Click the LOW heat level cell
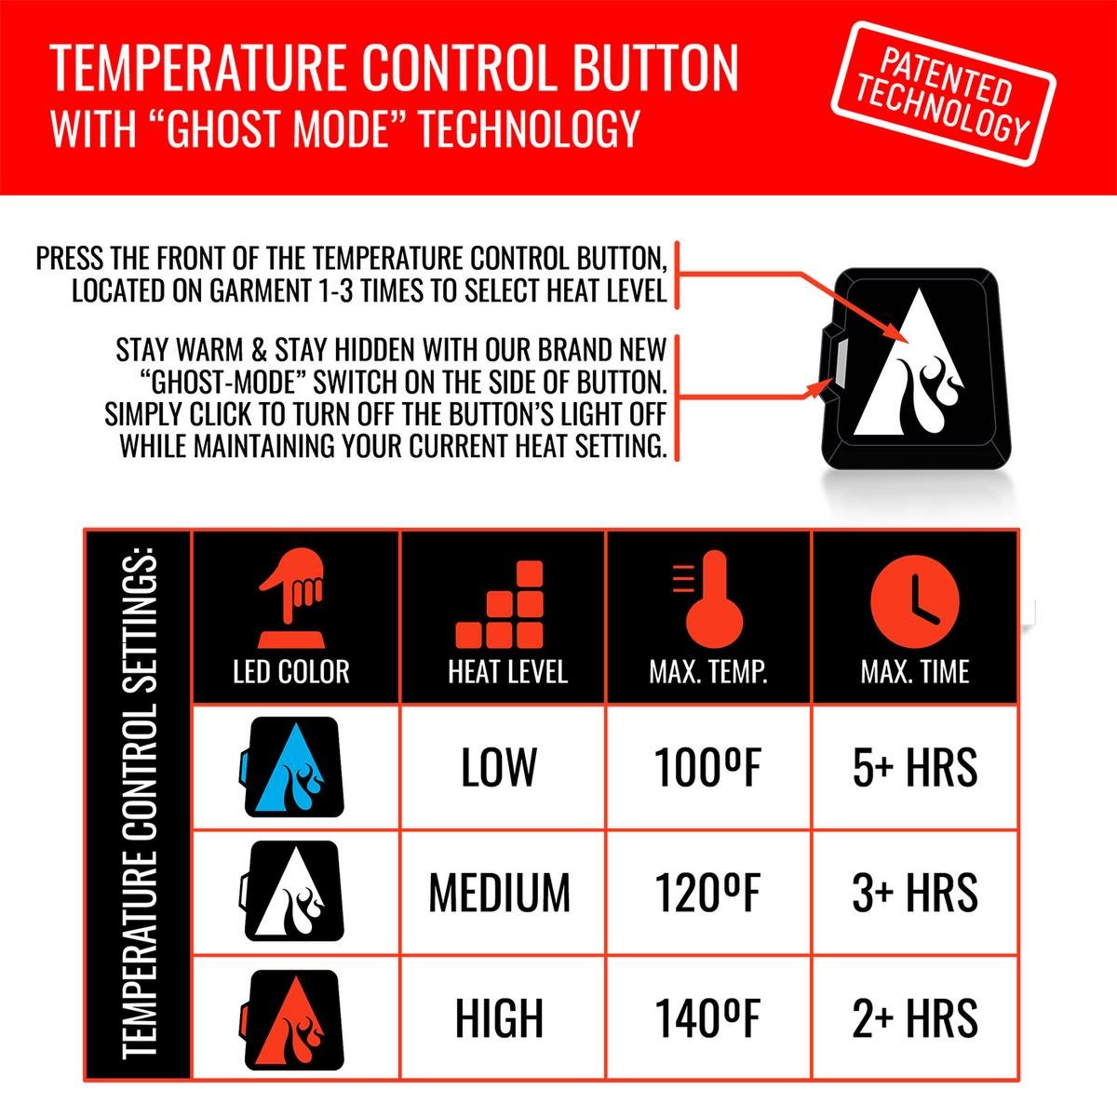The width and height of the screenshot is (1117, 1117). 499,768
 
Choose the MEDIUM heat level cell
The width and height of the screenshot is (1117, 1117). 499,892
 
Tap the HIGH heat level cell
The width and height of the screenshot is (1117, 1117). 499,1016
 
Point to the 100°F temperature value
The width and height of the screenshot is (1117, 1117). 707,768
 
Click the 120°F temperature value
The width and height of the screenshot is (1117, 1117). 707,892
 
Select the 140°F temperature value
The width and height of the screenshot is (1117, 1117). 707,1016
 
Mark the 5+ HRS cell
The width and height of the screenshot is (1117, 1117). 915,768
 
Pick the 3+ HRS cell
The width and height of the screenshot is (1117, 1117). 915,892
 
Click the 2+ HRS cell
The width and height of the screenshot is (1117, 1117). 915,1016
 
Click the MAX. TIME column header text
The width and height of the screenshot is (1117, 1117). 915,672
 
